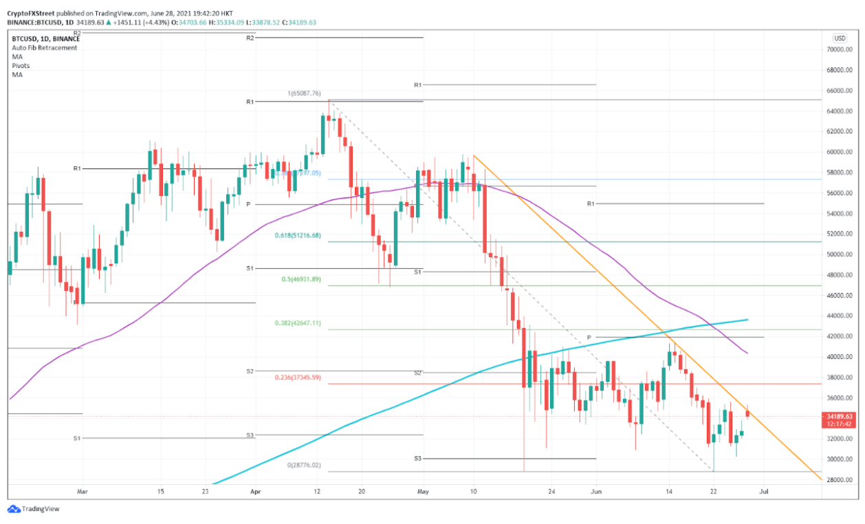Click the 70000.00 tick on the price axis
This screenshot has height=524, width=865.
840,50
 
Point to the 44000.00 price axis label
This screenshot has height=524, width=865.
840,316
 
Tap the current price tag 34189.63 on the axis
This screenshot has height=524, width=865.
840,416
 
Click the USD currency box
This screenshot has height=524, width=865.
839,39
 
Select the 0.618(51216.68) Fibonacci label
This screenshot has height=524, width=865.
298,235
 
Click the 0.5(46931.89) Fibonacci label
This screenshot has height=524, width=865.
301,279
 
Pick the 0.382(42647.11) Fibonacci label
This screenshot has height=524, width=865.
298,323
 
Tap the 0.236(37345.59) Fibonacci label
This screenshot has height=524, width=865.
298,378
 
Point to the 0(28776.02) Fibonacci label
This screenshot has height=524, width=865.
303,466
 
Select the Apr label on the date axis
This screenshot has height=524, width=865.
256,491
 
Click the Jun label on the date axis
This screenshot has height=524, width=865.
596,491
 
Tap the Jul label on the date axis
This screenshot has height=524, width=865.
763,491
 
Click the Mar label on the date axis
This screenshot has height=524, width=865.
83,491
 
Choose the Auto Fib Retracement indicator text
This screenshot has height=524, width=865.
44,47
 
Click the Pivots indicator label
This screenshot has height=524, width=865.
21,65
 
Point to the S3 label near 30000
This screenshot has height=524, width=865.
418,458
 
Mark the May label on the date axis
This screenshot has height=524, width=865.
423,491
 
